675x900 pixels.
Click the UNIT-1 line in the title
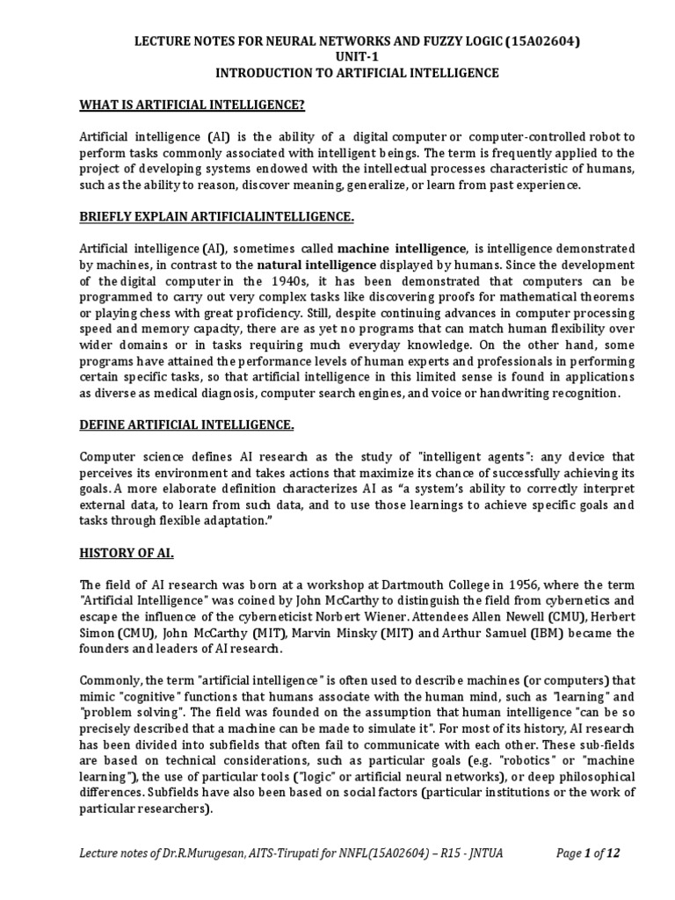click(337, 56)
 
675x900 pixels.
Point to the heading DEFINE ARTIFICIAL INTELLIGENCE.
click(187, 426)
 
